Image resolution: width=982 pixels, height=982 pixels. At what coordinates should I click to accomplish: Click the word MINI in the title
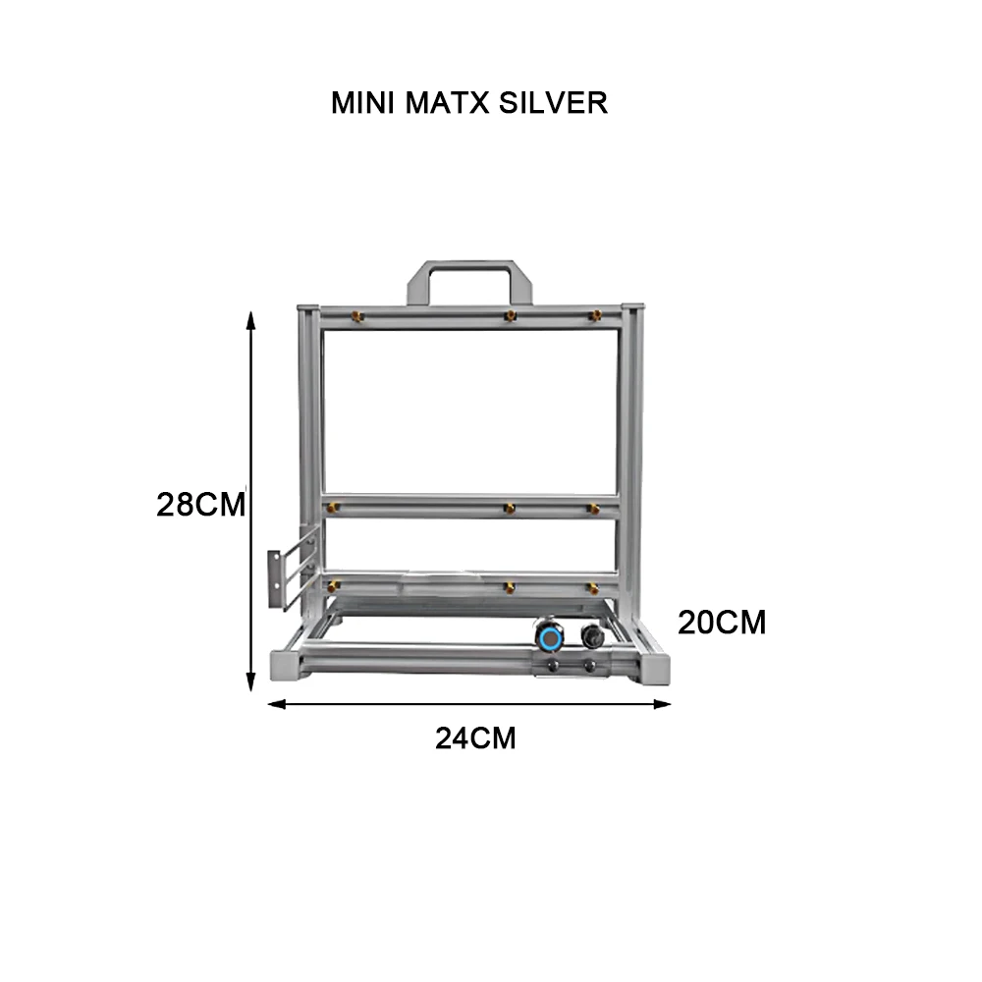tap(361, 103)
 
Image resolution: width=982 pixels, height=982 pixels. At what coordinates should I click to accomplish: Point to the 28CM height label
tap(200, 504)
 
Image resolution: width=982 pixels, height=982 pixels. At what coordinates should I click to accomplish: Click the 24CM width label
tap(475, 737)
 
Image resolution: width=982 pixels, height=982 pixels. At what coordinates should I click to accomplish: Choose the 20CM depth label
tap(722, 623)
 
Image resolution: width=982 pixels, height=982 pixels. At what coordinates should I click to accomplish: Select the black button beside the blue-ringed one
tap(591, 635)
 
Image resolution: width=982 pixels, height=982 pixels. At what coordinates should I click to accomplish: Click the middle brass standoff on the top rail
tap(510, 315)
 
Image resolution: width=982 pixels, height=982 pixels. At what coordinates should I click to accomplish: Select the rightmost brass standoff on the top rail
tap(594, 315)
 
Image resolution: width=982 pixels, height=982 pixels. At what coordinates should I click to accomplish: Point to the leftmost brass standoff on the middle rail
tap(335, 508)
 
